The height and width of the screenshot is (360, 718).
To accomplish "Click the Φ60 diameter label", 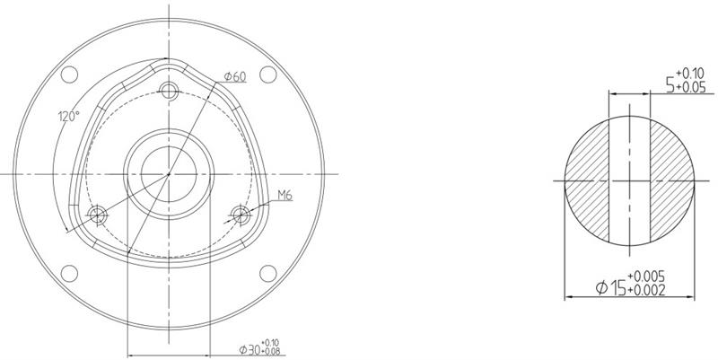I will (236, 76).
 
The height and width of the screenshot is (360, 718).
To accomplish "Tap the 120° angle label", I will (69, 117).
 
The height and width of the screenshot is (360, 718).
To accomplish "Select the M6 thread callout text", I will (285, 194).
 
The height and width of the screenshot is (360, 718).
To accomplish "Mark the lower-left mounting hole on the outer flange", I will (71, 273).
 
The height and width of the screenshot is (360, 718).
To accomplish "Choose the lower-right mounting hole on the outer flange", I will (267, 273).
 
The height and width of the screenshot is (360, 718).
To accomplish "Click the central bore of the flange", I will (169, 172).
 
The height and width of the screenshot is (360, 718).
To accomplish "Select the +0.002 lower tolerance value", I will (646, 292).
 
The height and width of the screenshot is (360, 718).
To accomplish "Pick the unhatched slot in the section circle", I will (630, 180).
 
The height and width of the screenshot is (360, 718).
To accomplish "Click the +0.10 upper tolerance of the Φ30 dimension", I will (274, 342).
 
